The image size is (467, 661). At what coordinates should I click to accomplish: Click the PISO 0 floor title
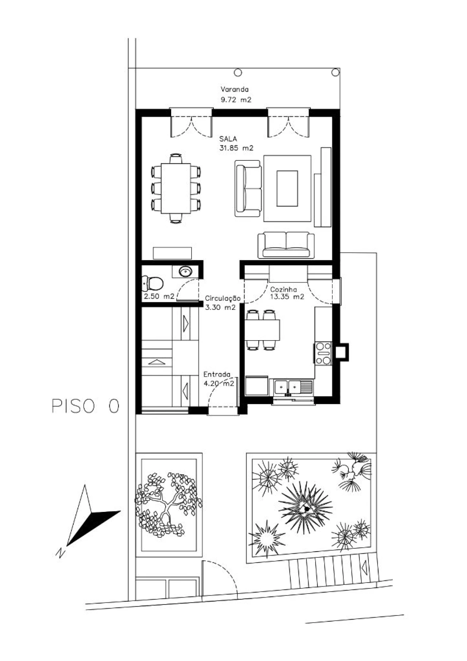pyautogui.click(x=85, y=406)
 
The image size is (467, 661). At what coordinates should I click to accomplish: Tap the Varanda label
pyautogui.click(x=234, y=89)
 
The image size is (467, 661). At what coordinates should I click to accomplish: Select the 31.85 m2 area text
pyautogui.click(x=236, y=148)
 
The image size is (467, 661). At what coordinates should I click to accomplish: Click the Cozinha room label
pyautogui.click(x=283, y=289)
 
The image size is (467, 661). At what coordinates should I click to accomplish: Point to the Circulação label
pyautogui.click(x=223, y=298)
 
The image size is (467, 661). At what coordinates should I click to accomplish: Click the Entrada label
pyautogui.click(x=217, y=374)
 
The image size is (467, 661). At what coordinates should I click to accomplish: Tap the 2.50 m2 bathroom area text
pyautogui.click(x=159, y=296)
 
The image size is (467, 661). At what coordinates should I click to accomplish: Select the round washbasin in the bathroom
pyautogui.click(x=186, y=272)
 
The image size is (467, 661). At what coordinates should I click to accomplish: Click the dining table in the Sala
pyautogui.click(x=176, y=188)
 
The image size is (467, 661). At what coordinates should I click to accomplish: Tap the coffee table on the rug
pyautogui.click(x=287, y=188)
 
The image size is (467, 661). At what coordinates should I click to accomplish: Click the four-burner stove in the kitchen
pyautogui.click(x=323, y=353)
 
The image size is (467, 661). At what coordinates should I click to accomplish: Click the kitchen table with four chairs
pyautogui.click(x=263, y=330)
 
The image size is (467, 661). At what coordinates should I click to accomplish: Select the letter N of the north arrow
pyautogui.click(x=60, y=553)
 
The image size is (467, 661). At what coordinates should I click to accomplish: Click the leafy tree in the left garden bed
pyautogui.click(x=168, y=505)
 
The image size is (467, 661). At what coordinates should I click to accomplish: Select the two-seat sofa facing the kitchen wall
pyautogui.click(x=286, y=245)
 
